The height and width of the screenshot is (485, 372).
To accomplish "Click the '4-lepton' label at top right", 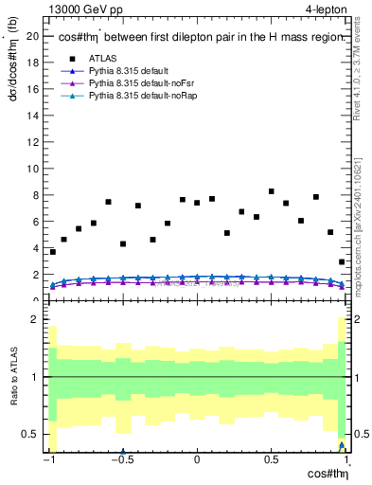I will [328, 10].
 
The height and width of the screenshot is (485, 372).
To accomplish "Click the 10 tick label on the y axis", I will [32, 170].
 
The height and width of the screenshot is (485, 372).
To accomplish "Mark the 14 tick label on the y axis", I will [32, 117].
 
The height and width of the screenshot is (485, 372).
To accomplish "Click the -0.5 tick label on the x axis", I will [121, 461].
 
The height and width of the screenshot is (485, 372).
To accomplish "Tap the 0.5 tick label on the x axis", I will [271, 461].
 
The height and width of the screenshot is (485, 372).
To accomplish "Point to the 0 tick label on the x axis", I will [196, 461].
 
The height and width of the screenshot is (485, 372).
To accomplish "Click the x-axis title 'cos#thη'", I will [328, 476].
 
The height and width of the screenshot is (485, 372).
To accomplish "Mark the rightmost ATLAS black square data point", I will [342, 261].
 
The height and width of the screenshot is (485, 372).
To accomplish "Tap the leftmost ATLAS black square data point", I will [52, 252].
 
